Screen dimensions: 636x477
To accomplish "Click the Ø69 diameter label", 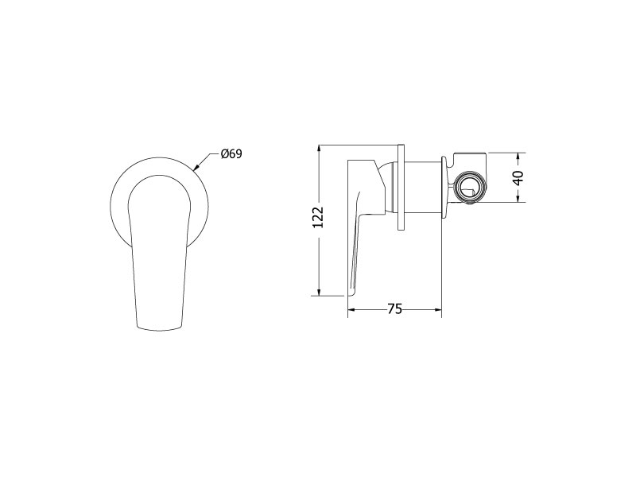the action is pyautogui.click(x=231, y=154).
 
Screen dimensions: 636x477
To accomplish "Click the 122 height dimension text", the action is pyautogui.click(x=319, y=217).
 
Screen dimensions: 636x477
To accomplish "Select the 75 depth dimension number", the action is pyautogui.click(x=394, y=309).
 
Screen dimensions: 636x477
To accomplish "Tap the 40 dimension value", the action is pyautogui.click(x=518, y=177).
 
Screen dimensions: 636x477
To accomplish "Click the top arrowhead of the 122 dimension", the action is pyautogui.click(x=320, y=149).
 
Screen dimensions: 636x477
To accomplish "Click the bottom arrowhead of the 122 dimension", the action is pyautogui.click(x=320, y=292).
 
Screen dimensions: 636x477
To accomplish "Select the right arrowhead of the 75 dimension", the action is pyautogui.click(x=437, y=310).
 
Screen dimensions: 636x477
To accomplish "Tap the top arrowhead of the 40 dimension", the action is pyautogui.click(x=518, y=157).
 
